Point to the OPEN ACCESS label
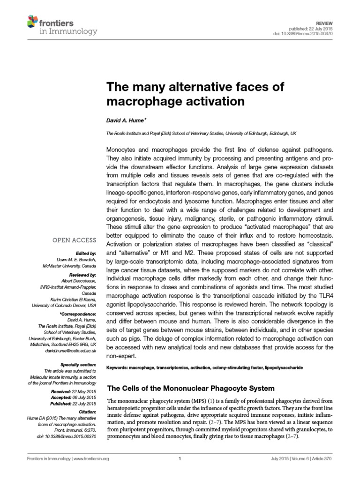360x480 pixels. point(74,240)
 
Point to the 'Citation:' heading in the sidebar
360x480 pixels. point(87,410)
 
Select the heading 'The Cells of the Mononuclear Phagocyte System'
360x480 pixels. point(190,389)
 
